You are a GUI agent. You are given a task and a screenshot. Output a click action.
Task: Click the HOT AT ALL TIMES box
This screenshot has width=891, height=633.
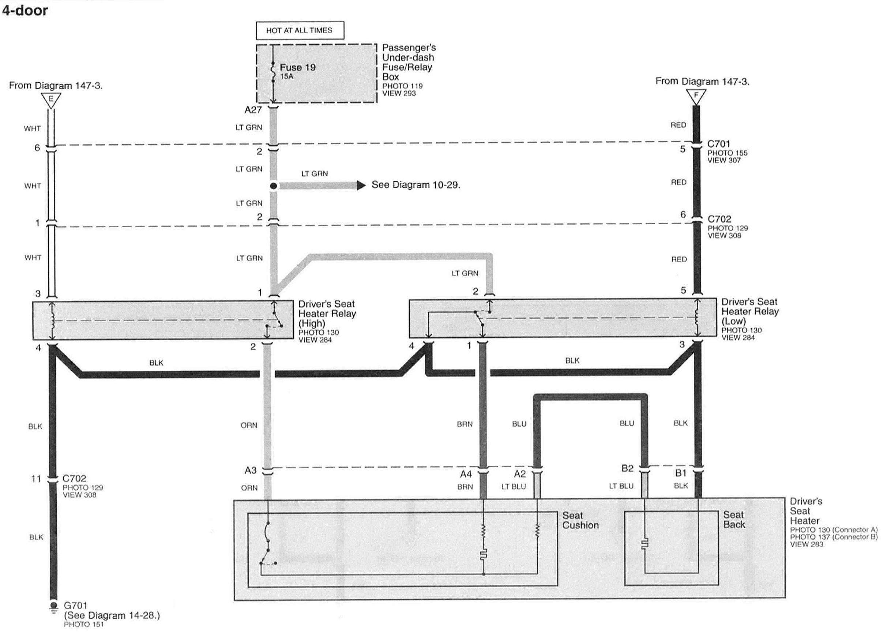click(300, 30)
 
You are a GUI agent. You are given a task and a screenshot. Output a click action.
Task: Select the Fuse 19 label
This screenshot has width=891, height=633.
click(298, 67)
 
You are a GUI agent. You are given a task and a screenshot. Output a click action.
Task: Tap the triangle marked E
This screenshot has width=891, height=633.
click(51, 100)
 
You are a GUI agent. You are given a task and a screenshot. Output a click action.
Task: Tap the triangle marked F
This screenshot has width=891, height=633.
click(696, 96)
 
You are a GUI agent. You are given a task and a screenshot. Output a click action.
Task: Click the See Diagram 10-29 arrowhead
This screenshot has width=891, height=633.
click(361, 185)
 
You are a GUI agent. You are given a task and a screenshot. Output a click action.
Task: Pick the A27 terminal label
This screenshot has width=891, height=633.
click(253, 110)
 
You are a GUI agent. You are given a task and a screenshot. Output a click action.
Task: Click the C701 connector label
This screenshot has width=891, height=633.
click(719, 144)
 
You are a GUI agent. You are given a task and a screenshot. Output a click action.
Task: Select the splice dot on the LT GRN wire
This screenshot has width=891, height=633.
click(274, 186)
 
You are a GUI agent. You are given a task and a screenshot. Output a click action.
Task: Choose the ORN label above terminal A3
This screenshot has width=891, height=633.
click(249, 425)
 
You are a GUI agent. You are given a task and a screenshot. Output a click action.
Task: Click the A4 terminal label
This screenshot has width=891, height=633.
click(466, 474)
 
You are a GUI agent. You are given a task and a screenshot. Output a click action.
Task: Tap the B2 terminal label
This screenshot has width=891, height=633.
click(627, 468)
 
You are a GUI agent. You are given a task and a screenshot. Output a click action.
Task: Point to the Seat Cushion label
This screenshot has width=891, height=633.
click(580, 520)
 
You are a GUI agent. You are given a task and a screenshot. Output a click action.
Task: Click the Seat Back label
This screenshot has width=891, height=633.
click(734, 520)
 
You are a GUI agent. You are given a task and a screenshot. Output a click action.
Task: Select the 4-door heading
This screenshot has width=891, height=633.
click(25, 11)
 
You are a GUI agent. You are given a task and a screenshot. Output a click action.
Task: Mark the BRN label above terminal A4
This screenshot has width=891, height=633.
click(465, 424)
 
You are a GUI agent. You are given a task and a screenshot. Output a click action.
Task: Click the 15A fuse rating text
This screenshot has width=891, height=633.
click(286, 77)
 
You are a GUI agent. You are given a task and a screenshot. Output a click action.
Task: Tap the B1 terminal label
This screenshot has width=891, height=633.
click(681, 473)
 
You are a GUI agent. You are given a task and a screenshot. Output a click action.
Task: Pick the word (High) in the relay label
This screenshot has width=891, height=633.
click(312, 323)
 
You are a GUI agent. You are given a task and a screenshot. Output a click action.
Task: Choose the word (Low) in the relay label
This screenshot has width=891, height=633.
click(733, 321)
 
